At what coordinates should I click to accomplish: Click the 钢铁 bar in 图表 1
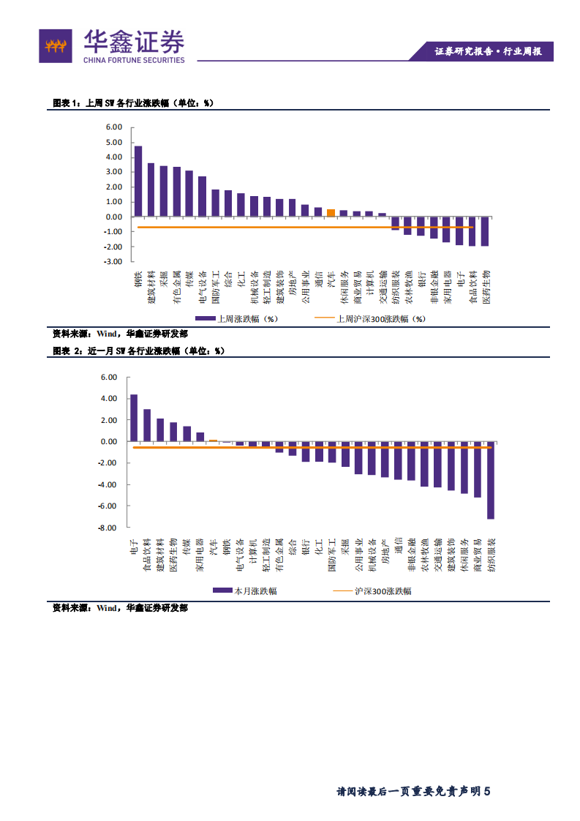coord(138,181)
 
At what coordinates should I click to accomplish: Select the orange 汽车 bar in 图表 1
coord(331,213)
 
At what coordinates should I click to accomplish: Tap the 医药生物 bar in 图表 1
coord(485,231)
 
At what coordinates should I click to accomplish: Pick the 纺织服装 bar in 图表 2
coord(490,481)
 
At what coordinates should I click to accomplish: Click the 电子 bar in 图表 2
coord(134,418)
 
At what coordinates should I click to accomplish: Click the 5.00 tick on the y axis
coord(113,157)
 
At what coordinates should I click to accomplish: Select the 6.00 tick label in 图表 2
coord(109,378)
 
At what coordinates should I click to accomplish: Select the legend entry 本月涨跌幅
coord(244,591)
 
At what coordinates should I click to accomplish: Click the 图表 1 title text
coord(132,103)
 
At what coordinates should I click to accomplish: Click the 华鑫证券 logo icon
coord(56,46)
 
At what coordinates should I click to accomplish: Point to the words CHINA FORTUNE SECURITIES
coord(133,60)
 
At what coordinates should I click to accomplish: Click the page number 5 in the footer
coord(486,790)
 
